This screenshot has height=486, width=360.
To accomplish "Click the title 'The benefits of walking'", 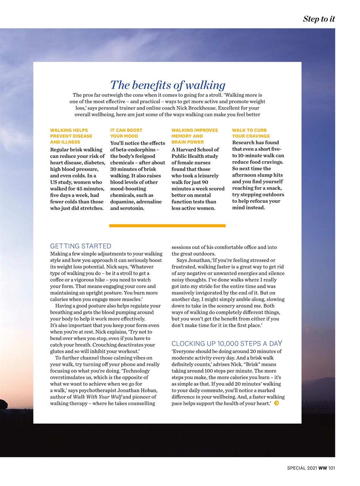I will pos(167,85).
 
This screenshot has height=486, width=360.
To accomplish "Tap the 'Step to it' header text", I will pos(319,19).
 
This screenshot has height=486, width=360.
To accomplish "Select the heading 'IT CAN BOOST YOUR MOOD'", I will pos(126,133).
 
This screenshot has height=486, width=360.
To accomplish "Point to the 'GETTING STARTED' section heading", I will pos(80,246).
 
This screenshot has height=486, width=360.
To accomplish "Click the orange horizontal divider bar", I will pos(167,226).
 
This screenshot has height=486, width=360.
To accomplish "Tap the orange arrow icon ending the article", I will pos(276,403).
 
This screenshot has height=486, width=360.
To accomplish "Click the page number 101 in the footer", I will pos(331,468).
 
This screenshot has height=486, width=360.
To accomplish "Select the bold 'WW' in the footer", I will pos(322,468).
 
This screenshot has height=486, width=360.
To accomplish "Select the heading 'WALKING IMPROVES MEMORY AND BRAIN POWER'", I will pos(195,136).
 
